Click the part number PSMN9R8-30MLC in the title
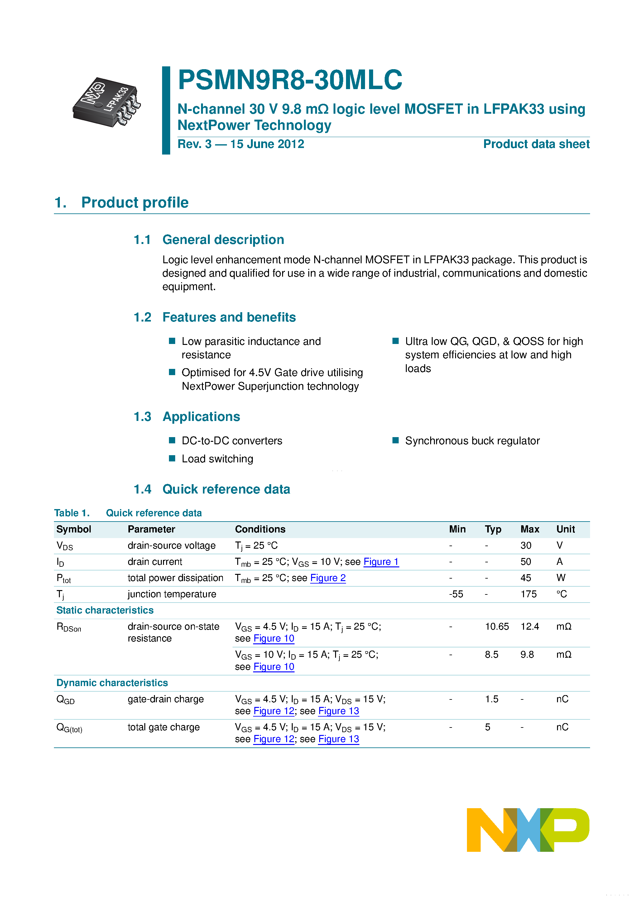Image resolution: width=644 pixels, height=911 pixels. tap(290, 80)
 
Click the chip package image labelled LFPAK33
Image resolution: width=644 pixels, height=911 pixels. tap(106, 103)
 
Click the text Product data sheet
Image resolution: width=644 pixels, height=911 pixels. tap(536, 144)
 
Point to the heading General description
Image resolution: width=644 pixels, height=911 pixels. tap(223, 240)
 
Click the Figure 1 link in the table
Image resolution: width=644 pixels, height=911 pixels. tap(381, 562)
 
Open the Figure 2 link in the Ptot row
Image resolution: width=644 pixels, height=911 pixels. tap(328, 578)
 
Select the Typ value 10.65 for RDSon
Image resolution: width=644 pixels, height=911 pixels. tap(497, 627)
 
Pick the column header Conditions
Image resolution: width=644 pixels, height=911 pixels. tap(260, 529)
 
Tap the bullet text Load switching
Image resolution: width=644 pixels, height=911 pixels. tap(217, 459)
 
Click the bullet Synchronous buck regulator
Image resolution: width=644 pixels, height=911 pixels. tap(472, 441)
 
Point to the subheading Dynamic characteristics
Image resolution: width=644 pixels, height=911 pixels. tap(112, 683)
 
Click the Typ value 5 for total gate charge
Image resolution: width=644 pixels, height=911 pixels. tap(488, 727)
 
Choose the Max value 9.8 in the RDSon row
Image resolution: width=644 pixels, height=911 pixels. tap(527, 655)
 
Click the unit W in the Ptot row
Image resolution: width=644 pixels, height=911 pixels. tap(561, 578)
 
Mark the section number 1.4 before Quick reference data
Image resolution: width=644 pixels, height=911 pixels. tap(142, 489)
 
